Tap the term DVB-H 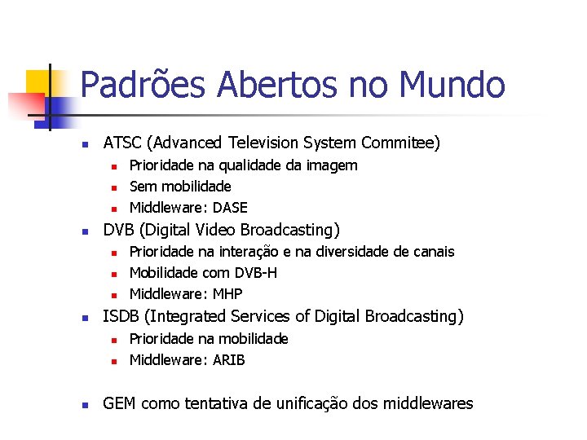tap(255, 273)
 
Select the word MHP tap(227, 294)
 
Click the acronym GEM tap(119, 403)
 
